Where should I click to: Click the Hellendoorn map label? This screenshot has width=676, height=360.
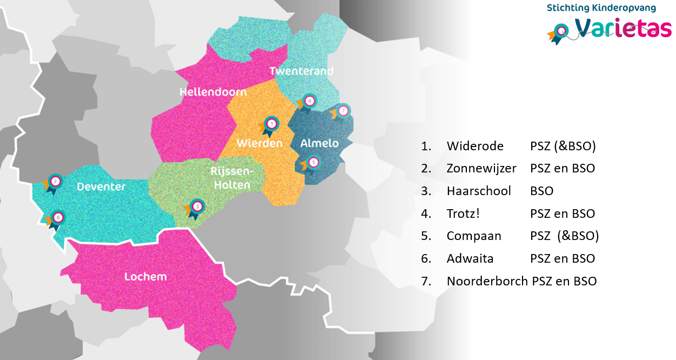pyautogui.click(x=213, y=92)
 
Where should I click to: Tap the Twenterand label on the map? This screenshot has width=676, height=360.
pyautogui.click(x=301, y=71)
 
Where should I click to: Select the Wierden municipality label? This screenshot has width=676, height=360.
pyautogui.click(x=259, y=143)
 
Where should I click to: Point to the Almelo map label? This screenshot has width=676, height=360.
pyautogui.click(x=319, y=143)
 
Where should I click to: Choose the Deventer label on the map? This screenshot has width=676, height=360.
pyautogui.click(x=101, y=187)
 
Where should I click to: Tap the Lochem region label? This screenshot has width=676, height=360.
pyautogui.click(x=145, y=277)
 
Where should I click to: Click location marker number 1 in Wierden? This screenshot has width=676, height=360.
pyautogui.click(x=271, y=124)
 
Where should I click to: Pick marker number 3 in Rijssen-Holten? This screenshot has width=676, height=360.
pyautogui.click(x=197, y=206)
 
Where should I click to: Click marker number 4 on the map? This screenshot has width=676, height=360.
pyautogui.click(x=309, y=101)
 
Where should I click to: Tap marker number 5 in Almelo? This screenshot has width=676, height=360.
pyautogui.click(x=313, y=162)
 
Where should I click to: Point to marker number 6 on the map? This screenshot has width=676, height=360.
pyautogui.click(x=58, y=218)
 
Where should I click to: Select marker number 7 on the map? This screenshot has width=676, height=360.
pyautogui.click(x=343, y=111)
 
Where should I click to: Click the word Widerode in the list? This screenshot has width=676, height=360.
pyautogui.click(x=475, y=146)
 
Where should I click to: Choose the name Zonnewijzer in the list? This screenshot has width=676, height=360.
pyautogui.click(x=481, y=168)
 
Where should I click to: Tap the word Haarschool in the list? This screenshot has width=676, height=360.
pyautogui.click(x=478, y=191)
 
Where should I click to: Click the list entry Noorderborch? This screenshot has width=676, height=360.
pyautogui.click(x=487, y=281)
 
